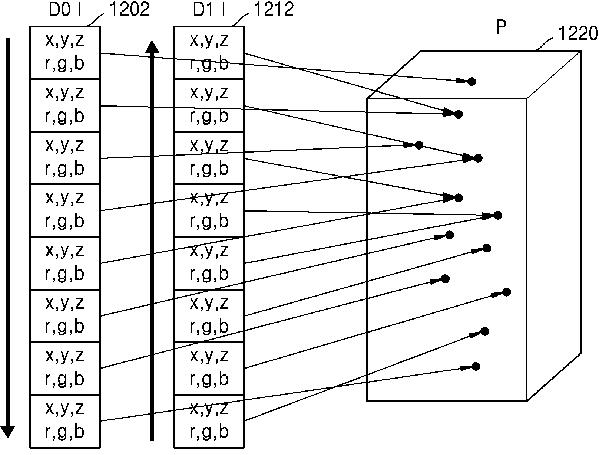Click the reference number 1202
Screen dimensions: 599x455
pos(129,9)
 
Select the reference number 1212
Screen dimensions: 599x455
pos(274,9)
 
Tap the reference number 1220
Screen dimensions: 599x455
pos(578,33)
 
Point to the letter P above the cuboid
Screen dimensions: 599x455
pos(501,27)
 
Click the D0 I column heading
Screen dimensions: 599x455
pos(64,10)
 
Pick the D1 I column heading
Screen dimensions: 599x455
pos(209,10)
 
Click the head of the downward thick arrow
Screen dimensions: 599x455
pos(7,432)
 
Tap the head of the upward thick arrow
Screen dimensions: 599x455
pos(152,47)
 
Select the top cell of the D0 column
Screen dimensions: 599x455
pos(65,53)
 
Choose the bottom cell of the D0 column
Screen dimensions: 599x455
pos(65,421)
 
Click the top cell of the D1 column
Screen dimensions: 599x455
pos(209,53)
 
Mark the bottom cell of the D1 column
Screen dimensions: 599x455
pos(209,421)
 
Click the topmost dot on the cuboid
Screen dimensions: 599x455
pos(471,81)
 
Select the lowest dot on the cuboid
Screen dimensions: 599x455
pos(476,366)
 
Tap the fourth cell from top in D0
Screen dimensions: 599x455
pos(65,210)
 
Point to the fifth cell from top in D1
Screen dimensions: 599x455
pos(209,263)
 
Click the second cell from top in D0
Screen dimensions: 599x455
pos(65,105)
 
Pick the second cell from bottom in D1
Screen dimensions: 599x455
pos(209,369)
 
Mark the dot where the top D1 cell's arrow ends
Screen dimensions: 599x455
pos(459,114)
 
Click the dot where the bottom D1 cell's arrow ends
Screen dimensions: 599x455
pos(485,331)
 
